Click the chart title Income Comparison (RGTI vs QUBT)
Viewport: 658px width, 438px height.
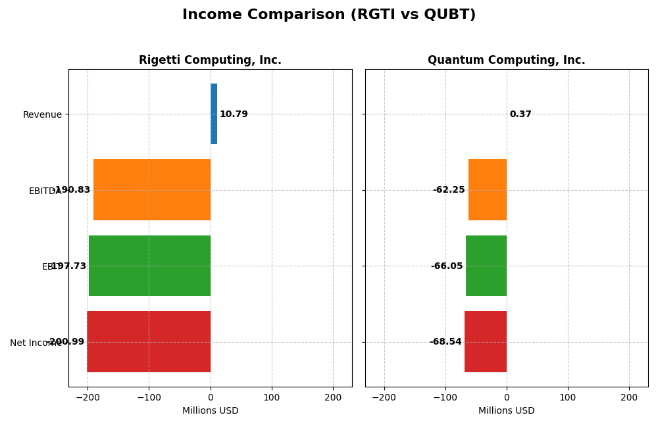tap(329, 15)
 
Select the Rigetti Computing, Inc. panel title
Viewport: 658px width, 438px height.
tap(210, 61)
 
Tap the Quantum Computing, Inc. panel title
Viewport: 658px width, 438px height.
tap(506, 61)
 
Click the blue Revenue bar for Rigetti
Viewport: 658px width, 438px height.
tap(214, 114)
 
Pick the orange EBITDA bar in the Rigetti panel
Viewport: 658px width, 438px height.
tap(152, 189)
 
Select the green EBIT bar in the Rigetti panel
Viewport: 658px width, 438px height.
tap(149, 266)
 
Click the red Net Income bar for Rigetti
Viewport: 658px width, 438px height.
tap(149, 341)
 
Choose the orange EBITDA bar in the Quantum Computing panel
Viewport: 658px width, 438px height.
tap(488, 189)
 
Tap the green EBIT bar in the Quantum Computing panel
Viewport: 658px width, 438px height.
tap(486, 266)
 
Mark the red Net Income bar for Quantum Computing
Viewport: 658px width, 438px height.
tap(486, 341)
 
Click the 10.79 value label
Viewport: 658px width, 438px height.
tap(234, 114)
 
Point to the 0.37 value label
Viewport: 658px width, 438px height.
tap(520, 114)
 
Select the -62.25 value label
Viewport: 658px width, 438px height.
tap(449, 190)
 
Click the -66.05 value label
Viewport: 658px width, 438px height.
tap(447, 266)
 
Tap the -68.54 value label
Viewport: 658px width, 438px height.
tap(445, 342)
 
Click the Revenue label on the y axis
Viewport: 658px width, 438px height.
tap(42, 115)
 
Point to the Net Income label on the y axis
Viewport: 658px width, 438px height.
tap(36, 343)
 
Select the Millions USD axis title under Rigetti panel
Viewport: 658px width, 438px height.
tap(210, 411)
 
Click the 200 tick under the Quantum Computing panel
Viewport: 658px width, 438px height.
tap(629, 397)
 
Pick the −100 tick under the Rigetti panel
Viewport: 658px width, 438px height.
tap(149, 397)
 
